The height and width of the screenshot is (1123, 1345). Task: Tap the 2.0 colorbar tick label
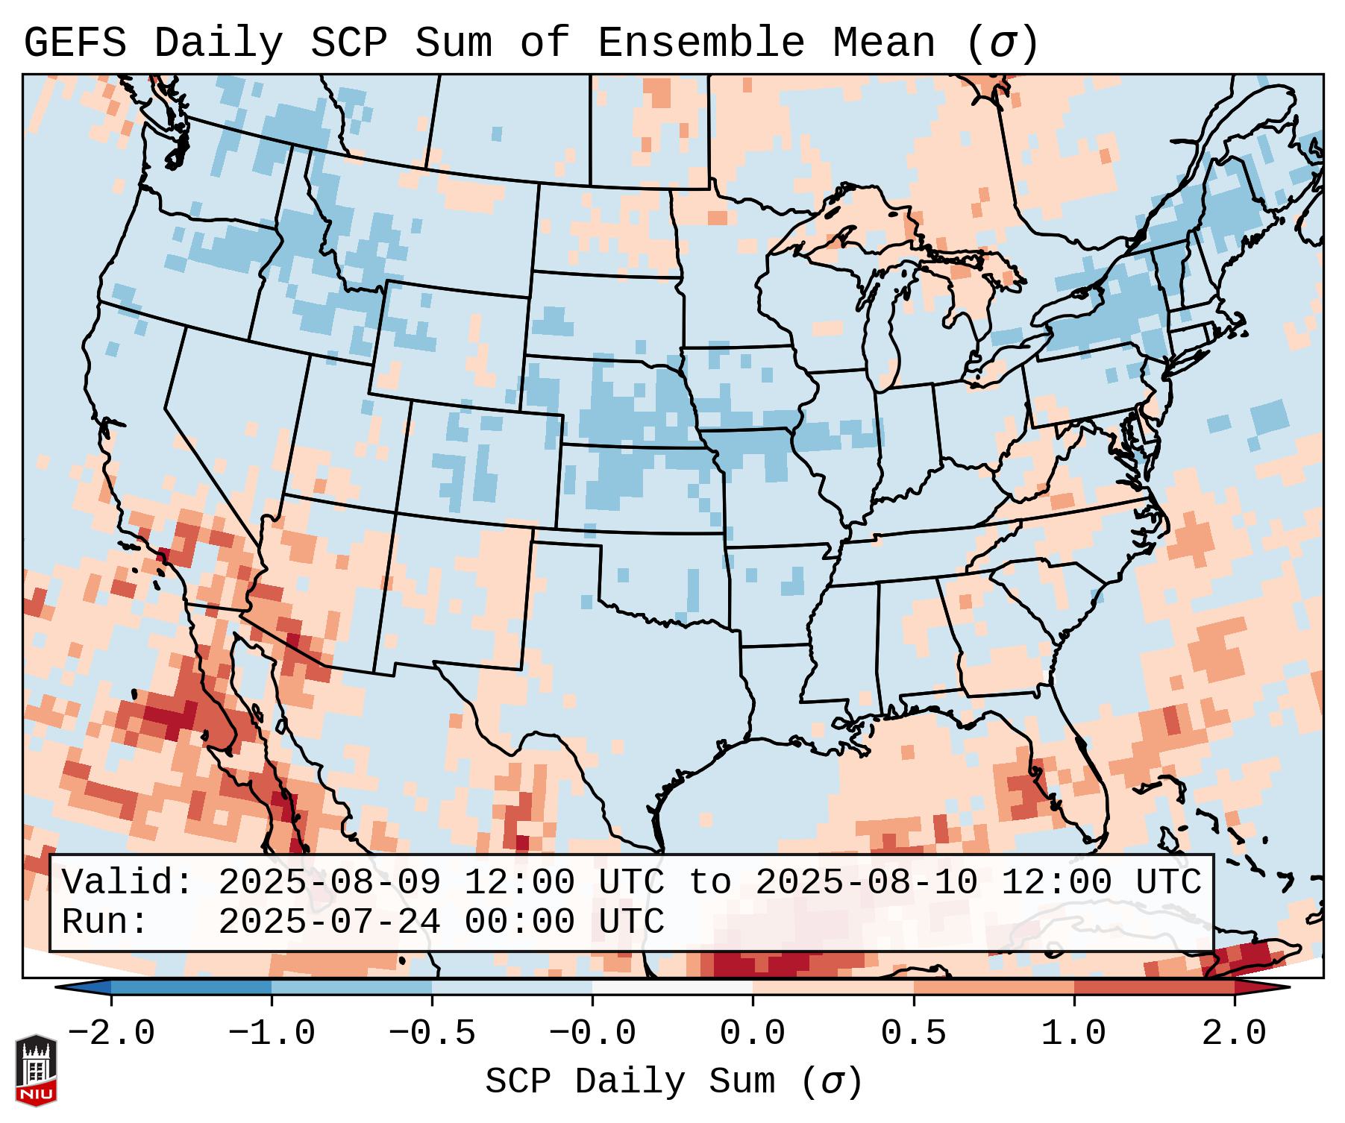click(1234, 1034)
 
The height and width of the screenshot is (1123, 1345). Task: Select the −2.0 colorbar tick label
click(111, 1034)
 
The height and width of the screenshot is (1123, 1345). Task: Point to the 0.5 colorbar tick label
click(913, 1034)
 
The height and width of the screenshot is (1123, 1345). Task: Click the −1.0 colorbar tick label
click(272, 1034)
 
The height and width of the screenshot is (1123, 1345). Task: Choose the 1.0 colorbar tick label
click(1073, 1034)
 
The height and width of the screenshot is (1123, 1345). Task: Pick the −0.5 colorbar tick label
click(432, 1034)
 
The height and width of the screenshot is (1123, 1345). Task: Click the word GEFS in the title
click(75, 43)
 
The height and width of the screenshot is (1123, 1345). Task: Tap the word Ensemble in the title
click(701, 43)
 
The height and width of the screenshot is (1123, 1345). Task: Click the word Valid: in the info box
click(128, 883)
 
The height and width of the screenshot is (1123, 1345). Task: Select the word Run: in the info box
click(105, 922)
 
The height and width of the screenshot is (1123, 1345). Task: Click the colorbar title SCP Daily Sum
click(630, 1082)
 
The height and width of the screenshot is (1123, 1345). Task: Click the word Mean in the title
click(884, 43)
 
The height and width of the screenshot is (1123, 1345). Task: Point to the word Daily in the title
click(219, 43)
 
